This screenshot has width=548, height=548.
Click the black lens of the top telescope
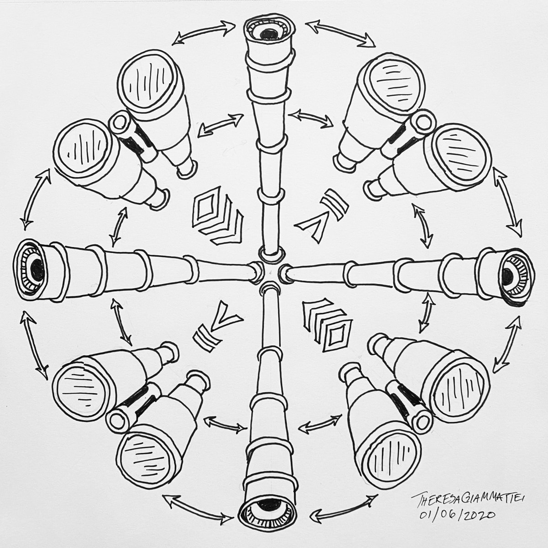click(x=269, y=34)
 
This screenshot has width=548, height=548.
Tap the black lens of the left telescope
click(x=37, y=269)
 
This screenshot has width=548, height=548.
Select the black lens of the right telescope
click(x=507, y=276)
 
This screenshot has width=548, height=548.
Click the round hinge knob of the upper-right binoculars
click(x=426, y=121)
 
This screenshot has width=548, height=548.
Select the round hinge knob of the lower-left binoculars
click(x=117, y=421)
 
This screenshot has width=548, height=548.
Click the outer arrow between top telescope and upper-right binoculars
click(x=341, y=34)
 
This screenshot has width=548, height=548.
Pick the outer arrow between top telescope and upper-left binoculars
click(x=204, y=33)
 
